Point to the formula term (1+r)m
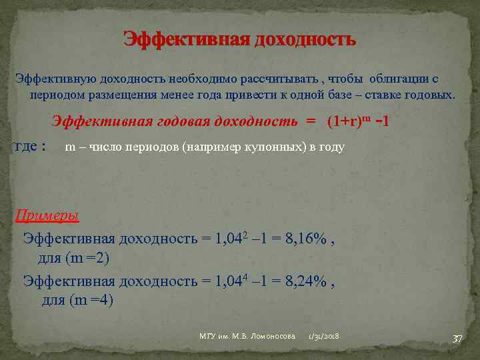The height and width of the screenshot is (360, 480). point(348,121)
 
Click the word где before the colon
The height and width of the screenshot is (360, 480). point(25,147)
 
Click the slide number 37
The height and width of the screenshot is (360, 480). point(457,339)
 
